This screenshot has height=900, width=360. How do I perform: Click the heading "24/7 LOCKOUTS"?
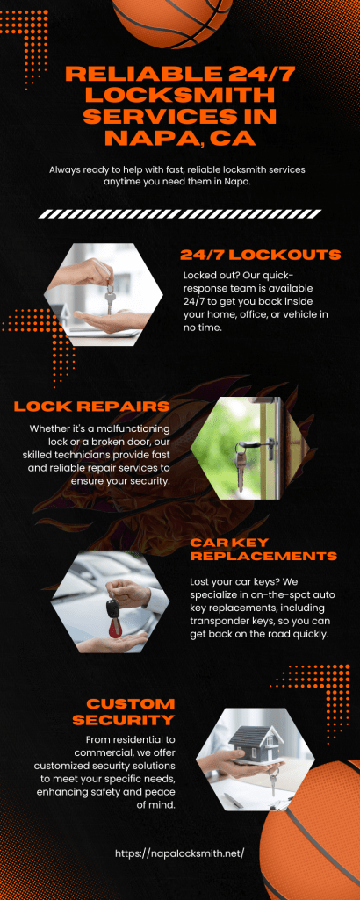pos(261,255)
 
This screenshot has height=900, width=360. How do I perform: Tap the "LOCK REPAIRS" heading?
pos(92,407)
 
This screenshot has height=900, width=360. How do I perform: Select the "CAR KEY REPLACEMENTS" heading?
pos(263,550)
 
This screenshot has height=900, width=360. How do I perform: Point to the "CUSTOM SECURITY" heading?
pos(130,711)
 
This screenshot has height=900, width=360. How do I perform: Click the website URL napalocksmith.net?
pos(180,853)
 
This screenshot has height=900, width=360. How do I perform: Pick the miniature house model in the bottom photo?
pos(251,744)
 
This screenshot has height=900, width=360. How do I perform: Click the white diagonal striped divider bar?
pos(180,214)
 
